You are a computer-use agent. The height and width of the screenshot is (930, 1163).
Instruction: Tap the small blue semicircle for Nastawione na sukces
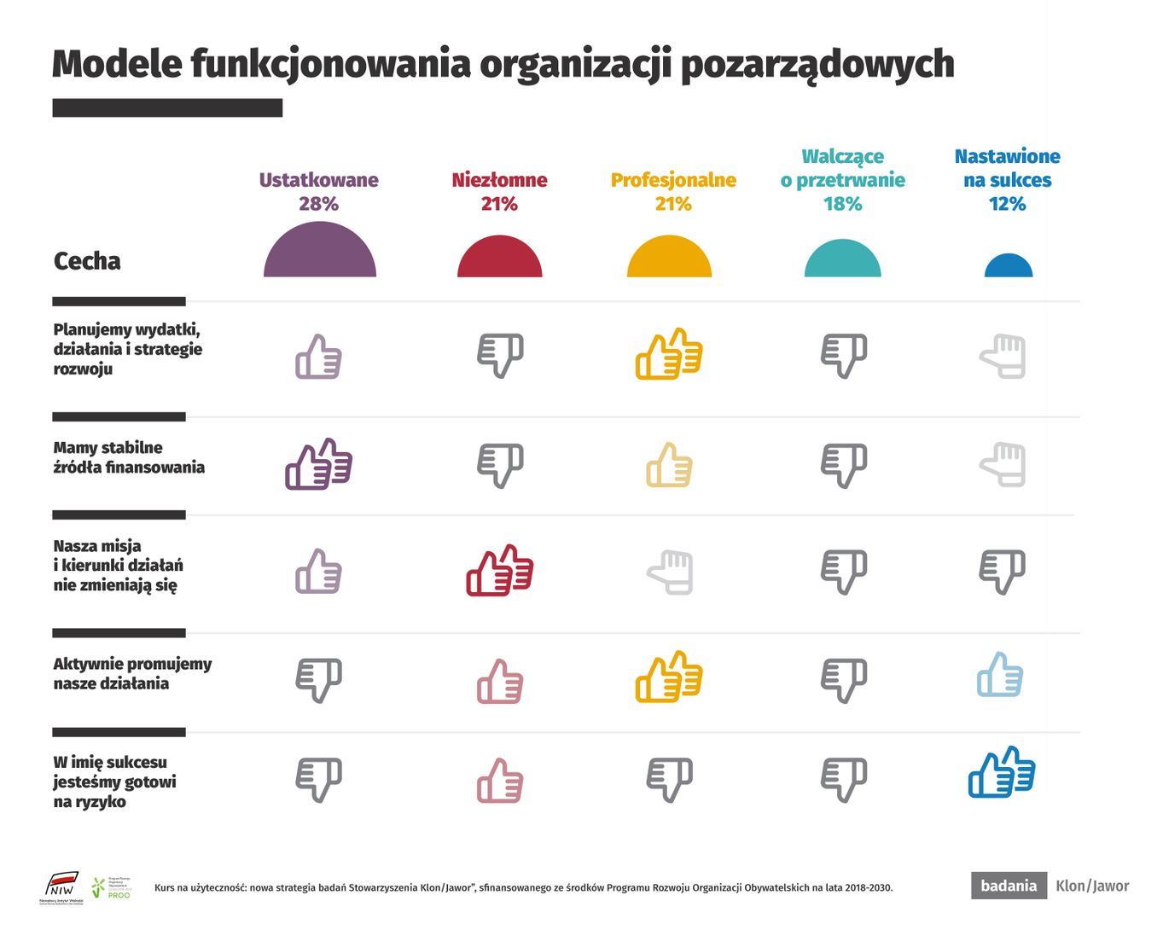pyautogui.click(x=1008, y=267)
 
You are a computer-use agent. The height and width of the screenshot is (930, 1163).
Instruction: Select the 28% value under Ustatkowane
pyautogui.click(x=318, y=204)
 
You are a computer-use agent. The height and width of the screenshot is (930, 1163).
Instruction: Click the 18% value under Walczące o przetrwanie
pyautogui.click(x=842, y=204)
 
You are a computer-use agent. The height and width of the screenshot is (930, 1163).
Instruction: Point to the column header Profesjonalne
pyautogui.click(x=673, y=180)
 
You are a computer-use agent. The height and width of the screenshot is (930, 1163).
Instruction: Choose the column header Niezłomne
pyautogui.click(x=499, y=180)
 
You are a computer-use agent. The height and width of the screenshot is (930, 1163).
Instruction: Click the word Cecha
pyautogui.click(x=87, y=261)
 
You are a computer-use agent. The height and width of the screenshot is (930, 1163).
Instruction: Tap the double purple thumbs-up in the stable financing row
pyautogui.click(x=318, y=465)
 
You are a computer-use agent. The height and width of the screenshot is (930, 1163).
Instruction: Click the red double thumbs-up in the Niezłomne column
pyautogui.click(x=500, y=571)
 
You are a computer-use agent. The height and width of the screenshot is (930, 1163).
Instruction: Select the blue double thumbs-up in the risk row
pyautogui.click(x=1002, y=773)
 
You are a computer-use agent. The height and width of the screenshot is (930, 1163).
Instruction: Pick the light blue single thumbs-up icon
pyautogui.click(x=1000, y=675)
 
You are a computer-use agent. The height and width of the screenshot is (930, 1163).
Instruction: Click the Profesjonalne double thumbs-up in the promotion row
pyautogui.click(x=669, y=677)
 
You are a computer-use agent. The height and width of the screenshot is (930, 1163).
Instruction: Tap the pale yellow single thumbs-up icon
pyautogui.click(x=670, y=466)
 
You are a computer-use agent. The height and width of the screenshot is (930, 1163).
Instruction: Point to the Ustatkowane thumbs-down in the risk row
pyautogui.click(x=319, y=779)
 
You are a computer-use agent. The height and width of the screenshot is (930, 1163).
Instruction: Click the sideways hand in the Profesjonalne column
pyautogui.click(x=671, y=573)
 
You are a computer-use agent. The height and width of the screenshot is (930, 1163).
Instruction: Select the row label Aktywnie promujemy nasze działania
pyautogui.click(x=132, y=674)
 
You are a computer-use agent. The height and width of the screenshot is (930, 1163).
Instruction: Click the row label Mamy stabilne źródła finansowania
pyautogui.click(x=129, y=457)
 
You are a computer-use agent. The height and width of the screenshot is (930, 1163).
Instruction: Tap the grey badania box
pyautogui.click(x=1009, y=886)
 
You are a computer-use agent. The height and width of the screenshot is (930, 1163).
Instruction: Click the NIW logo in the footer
pyautogui.click(x=62, y=886)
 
